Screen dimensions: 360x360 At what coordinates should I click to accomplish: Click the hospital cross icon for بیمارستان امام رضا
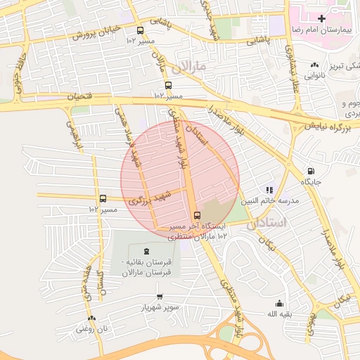click(321, 18)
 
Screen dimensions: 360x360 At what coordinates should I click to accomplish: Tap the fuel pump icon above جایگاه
click(311, 171)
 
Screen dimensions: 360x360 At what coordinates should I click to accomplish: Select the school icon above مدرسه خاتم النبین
click(269, 190)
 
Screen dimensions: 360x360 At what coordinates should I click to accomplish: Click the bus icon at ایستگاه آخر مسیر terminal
click(196, 215)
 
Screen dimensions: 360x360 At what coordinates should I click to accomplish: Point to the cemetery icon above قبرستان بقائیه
click(146, 251)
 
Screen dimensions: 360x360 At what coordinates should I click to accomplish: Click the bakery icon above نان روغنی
click(91, 318)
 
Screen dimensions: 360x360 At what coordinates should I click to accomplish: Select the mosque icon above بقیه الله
click(280, 303)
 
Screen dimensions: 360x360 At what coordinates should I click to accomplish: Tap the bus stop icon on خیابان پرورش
click(140, 31)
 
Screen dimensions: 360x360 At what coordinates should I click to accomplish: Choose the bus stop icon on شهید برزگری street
click(103, 199)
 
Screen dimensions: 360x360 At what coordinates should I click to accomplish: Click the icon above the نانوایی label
click(314, 65)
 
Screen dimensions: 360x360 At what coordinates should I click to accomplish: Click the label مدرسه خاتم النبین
click(271, 201)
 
